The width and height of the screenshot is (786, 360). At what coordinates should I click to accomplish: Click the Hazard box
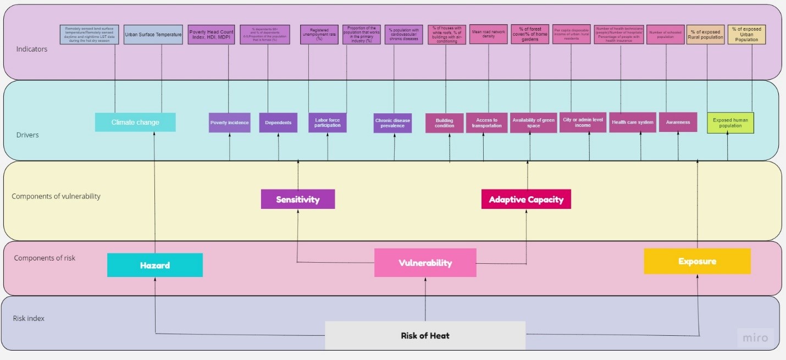(154, 265)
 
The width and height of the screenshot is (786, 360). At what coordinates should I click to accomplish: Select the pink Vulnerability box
(425, 263)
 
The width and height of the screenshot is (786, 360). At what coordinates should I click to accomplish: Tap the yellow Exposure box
(697, 261)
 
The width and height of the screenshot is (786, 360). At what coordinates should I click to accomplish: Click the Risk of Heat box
(425, 335)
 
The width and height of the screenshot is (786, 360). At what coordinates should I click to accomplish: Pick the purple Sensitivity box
(297, 199)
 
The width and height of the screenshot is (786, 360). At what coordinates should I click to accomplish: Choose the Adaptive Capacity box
(526, 199)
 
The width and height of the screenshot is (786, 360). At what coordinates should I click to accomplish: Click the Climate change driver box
(135, 122)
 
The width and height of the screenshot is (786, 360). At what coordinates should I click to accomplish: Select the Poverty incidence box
(229, 123)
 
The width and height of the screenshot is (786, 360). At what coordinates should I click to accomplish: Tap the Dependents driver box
(278, 123)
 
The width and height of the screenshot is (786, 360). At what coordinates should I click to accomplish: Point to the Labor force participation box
(328, 123)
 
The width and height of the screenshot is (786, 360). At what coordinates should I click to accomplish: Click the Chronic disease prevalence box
(392, 123)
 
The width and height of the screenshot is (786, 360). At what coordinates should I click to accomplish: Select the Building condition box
(444, 123)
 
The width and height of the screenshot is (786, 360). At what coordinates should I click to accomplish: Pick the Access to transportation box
(486, 123)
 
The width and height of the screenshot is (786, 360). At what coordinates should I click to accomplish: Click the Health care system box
(632, 123)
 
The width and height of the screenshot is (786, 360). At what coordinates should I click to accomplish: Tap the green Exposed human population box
(730, 123)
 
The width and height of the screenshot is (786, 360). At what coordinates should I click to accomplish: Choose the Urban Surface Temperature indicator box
(153, 35)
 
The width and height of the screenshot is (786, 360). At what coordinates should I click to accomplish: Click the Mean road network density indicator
(488, 34)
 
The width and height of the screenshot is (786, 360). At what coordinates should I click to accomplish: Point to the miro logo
(755, 338)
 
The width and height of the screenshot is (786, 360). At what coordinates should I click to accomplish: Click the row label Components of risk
(45, 258)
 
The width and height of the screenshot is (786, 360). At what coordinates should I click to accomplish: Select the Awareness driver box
(678, 123)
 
